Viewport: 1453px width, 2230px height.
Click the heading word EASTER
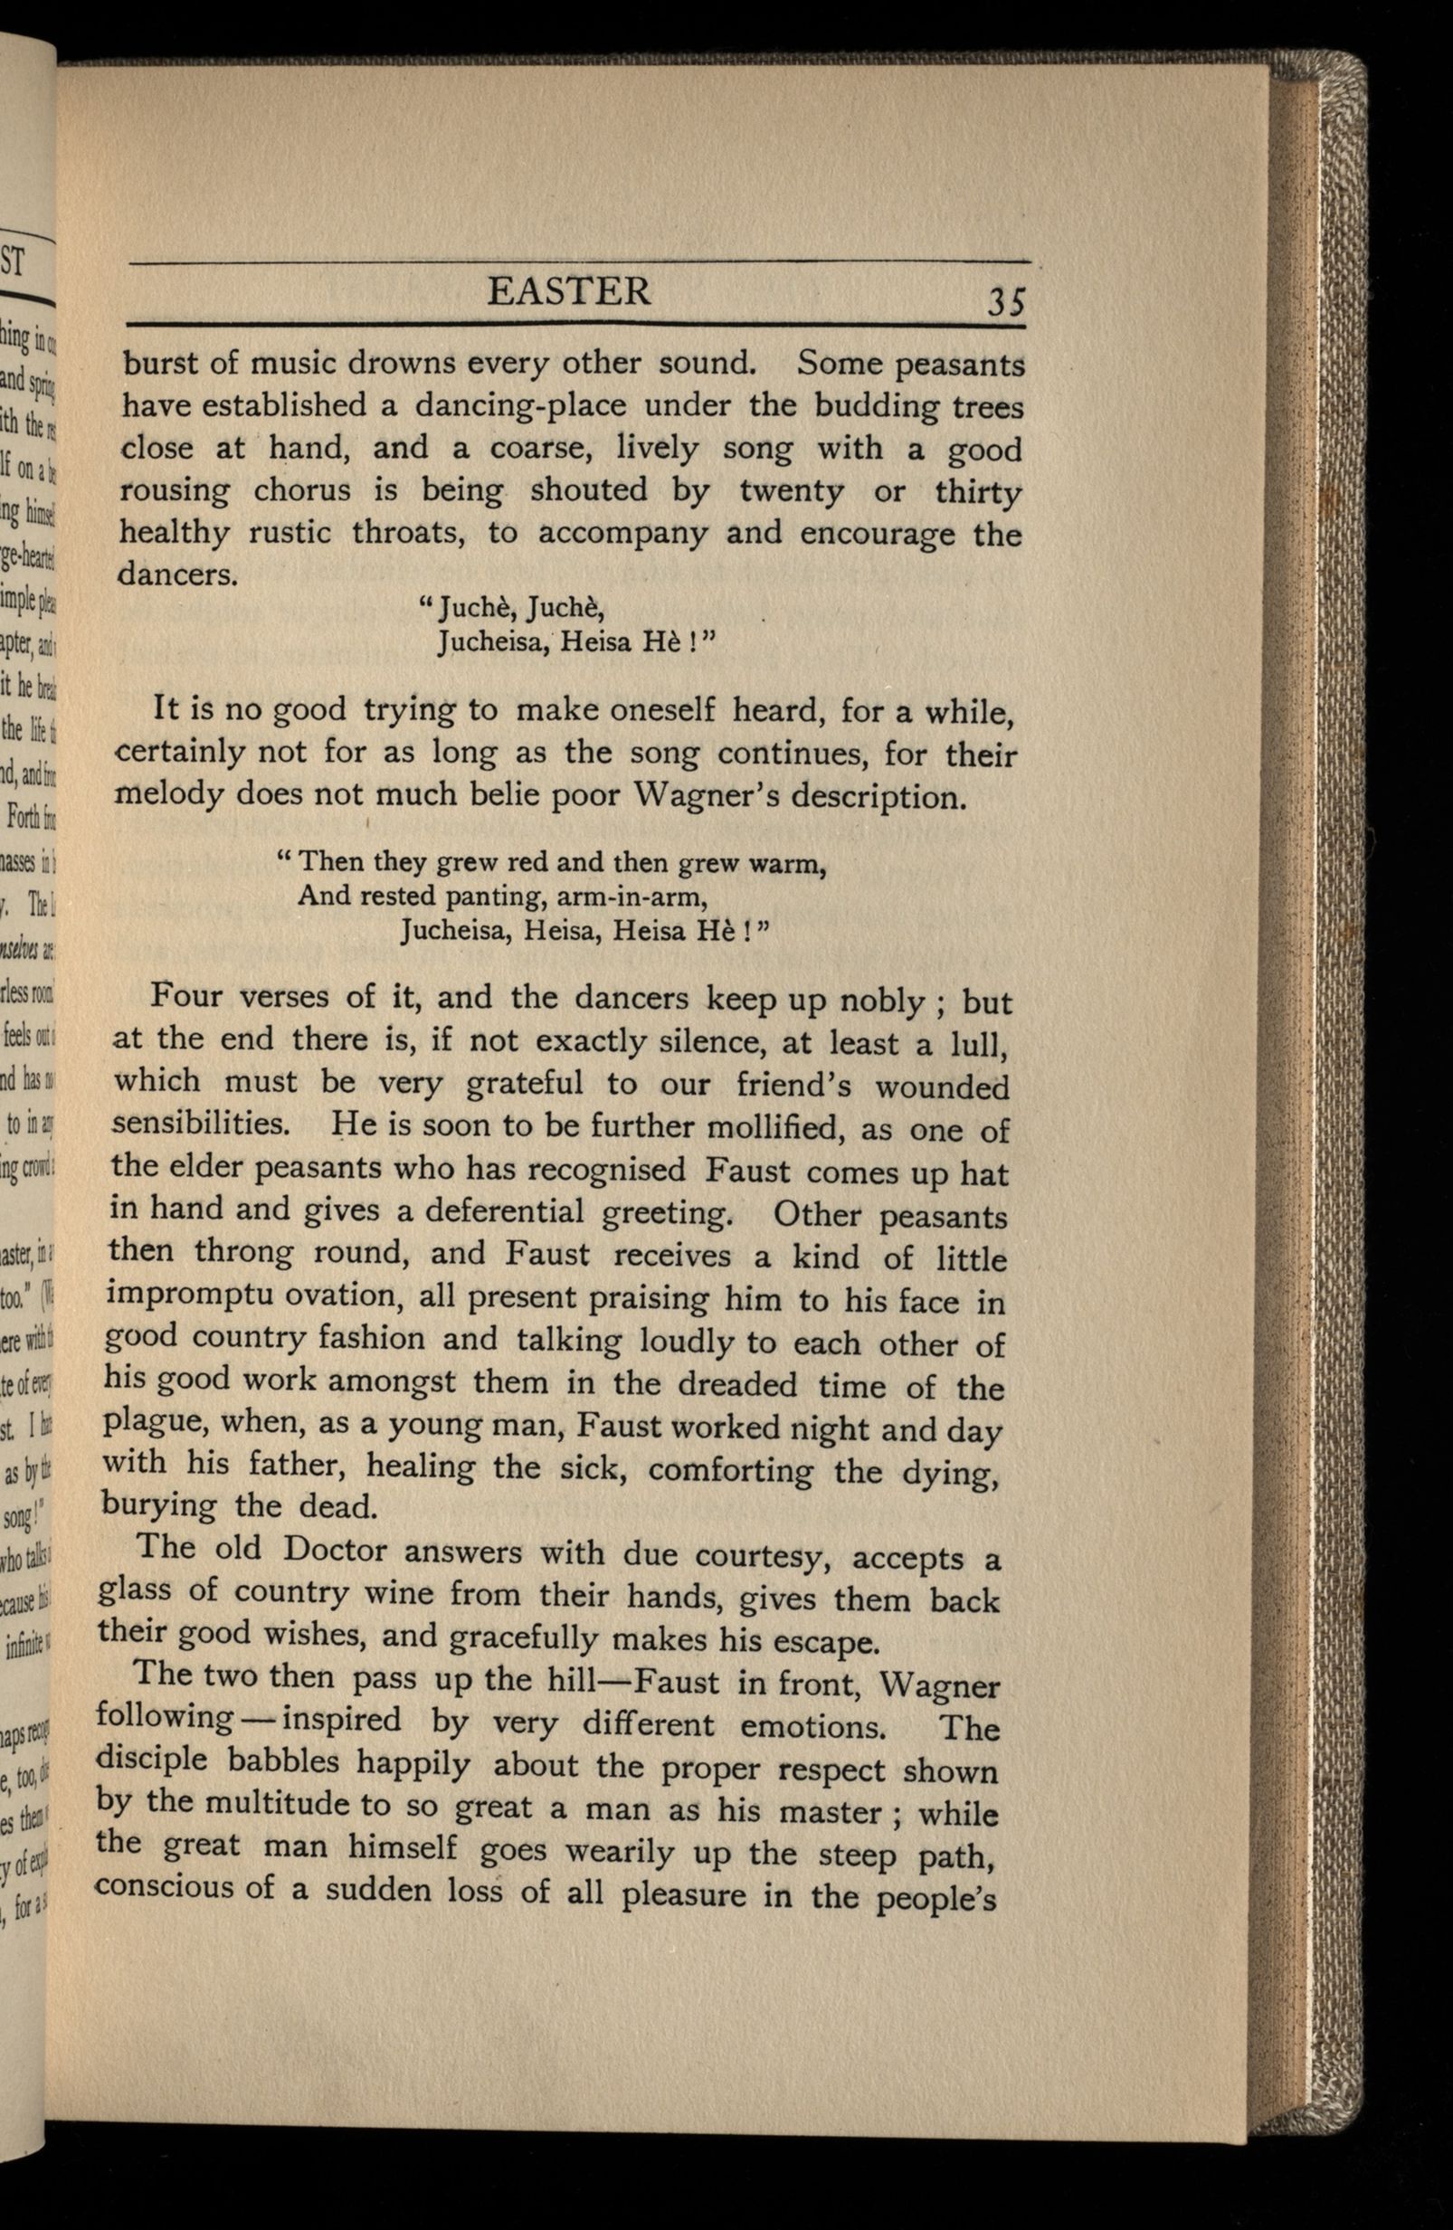pos(569,291)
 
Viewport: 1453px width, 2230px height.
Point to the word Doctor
pos(335,1550)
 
